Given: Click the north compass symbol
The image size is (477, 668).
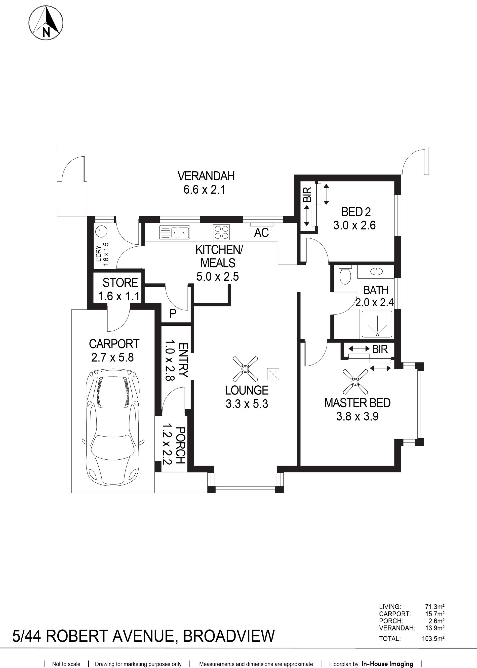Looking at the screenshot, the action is (46, 23).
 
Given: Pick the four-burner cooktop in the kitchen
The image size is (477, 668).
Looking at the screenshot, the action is (221, 232).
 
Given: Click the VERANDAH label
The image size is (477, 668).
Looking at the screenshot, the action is (206, 176).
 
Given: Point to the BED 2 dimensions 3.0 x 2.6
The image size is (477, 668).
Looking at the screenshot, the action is (355, 225).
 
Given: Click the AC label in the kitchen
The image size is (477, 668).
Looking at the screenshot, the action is (261, 233).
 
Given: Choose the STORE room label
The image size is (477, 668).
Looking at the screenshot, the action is (120, 283).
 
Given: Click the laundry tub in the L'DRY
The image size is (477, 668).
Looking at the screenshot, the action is (101, 229).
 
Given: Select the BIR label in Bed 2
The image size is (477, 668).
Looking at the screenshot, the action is (308, 194).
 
